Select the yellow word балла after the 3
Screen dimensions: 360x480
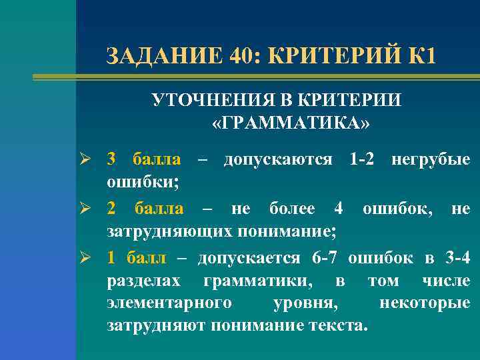point(157,159)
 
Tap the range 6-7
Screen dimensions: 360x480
point(326,258)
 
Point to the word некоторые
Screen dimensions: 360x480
point(425,304)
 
